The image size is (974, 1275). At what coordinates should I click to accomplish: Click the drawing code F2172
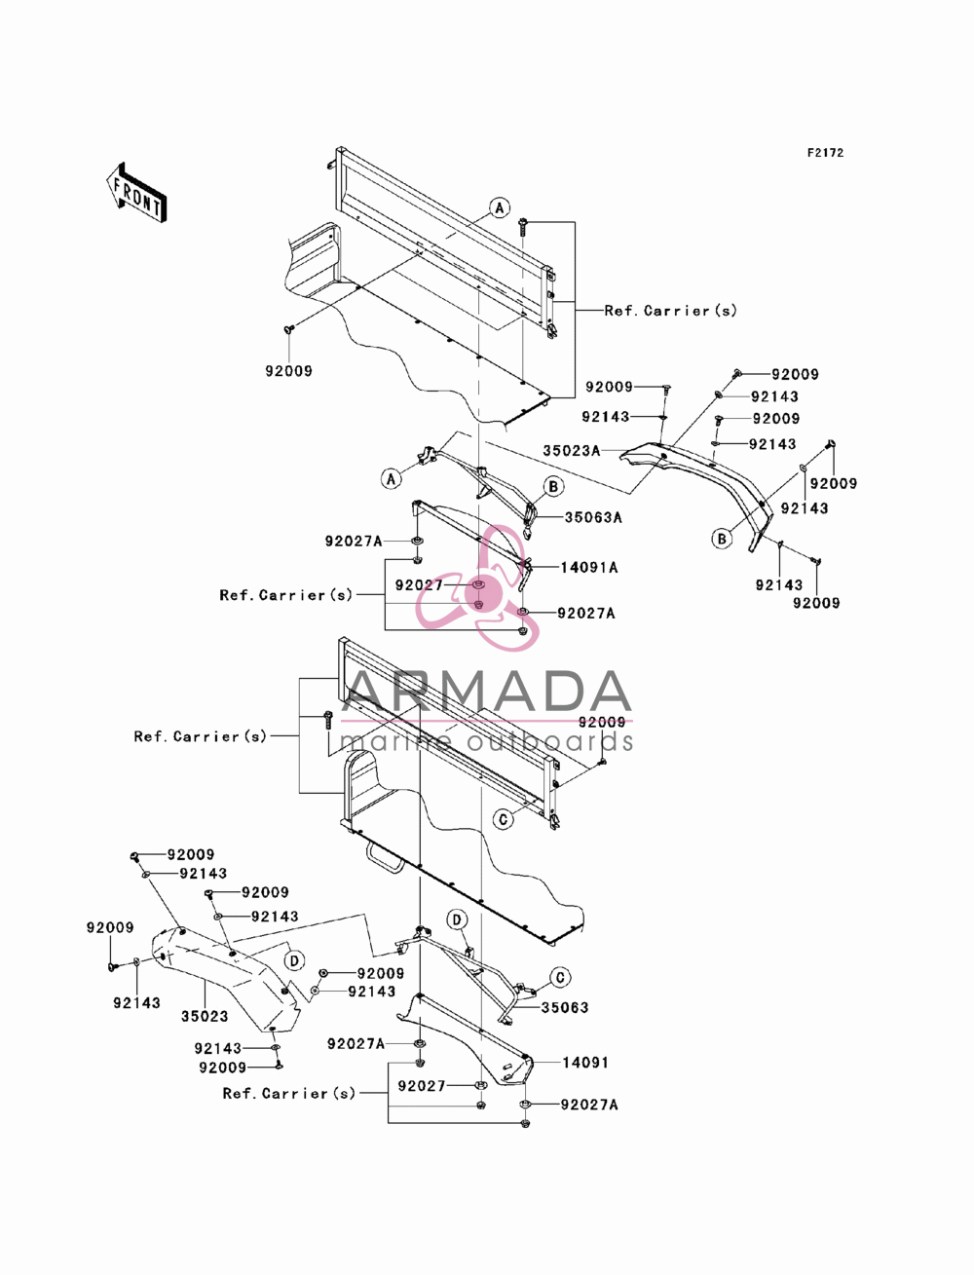(825, 153)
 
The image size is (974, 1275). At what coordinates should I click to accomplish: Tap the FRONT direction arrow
(136, 192)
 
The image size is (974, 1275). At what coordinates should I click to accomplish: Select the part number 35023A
(572, 451)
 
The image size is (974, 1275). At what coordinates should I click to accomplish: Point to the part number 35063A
(593, 517)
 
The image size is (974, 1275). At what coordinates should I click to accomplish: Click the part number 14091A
(589, 567)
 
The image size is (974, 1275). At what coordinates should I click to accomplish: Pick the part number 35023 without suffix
(205, 1016)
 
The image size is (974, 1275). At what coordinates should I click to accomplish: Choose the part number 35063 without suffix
(565, 1007)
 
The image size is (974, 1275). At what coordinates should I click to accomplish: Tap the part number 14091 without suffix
(585, 1063)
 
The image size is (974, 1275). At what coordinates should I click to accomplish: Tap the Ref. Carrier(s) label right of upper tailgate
(670, 311)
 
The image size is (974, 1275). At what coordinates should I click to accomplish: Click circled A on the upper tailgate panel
(499, 207)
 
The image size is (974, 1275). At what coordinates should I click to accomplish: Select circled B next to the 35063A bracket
(553, 486)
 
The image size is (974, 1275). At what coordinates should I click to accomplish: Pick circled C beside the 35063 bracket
(560, 978)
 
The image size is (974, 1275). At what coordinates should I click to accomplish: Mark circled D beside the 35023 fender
(294, 960)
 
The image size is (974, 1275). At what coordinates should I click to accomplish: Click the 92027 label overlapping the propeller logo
(419, 585)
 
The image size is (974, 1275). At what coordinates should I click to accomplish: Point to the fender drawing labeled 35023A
(697, 494)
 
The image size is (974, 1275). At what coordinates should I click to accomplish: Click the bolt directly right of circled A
(524, 226)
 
